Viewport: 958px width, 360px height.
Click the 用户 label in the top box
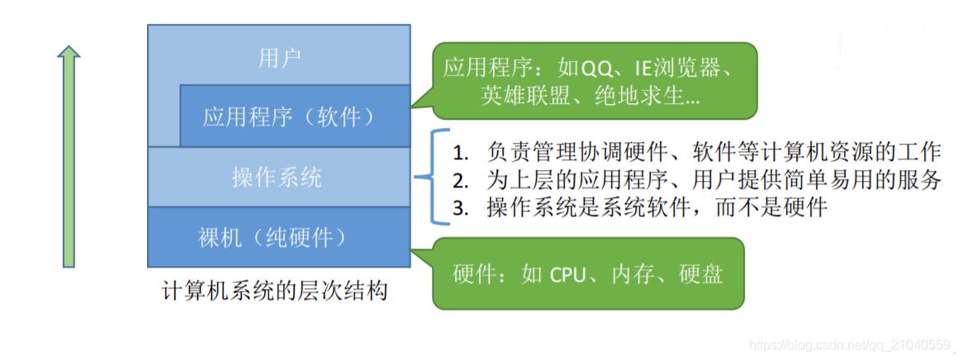[279, 59]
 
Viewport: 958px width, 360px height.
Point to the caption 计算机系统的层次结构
[275, 291]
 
